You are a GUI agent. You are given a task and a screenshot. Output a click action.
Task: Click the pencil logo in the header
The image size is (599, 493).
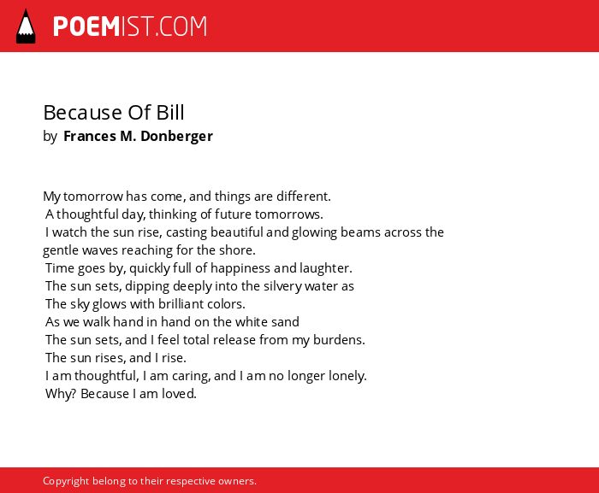(x=26, y=26)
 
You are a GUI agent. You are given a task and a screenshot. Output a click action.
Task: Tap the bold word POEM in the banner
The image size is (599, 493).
(x=86, y=26)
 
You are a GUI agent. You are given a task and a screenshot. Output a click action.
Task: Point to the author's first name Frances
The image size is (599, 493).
(x=90, y=136)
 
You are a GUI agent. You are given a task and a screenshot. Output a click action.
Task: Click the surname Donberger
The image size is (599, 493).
(x=176, y=137)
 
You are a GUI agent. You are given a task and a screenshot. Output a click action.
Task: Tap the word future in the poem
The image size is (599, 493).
(x=233, y=214)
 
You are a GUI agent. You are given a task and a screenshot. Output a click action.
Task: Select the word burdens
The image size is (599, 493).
(x=339, y=339)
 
